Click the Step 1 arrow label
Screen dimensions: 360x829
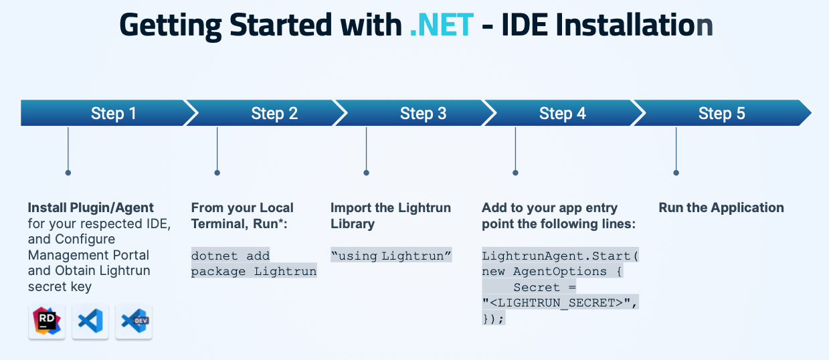click(x=114, y=114)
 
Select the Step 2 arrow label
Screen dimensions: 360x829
click(x=274, y=114)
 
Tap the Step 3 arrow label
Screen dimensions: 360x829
click(x=423, y=114)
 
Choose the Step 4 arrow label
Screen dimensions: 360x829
click(x=562, y=114)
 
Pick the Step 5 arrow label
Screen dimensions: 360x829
click(x=721, y=114)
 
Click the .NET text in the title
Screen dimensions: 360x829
click(x=442, y=25)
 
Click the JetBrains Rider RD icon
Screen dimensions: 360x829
click(x=47, y=322)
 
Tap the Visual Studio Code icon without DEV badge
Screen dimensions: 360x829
click(x=90, y=322)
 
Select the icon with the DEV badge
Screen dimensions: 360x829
click(x=134, y=322)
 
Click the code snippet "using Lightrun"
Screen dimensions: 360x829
click(x=391, y=256)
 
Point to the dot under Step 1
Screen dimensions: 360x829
click(x=68, y=173)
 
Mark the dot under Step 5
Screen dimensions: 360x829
click(x=676, y=173)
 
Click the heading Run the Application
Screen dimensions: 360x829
click(x=721, y=207)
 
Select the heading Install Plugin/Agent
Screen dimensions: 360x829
click(x=91, y=207)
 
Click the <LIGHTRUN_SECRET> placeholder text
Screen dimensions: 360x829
click(x=560, y=303)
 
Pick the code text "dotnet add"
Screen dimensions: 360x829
click(x=230, y=256)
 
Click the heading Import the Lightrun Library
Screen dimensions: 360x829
click(x=391, y=215)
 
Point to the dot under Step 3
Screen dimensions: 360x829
click(x=366, y=173)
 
